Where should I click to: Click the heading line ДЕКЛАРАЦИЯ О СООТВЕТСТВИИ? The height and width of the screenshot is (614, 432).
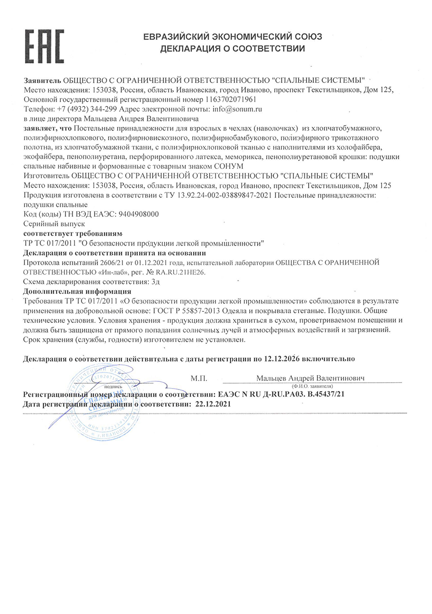click(x=233, y=48)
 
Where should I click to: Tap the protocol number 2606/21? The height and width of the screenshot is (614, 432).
click(x=115, y=262)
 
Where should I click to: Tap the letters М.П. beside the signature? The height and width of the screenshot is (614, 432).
click(x=199, y=378)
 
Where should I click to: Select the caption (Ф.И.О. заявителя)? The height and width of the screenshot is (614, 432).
click(x=312, y=386)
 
